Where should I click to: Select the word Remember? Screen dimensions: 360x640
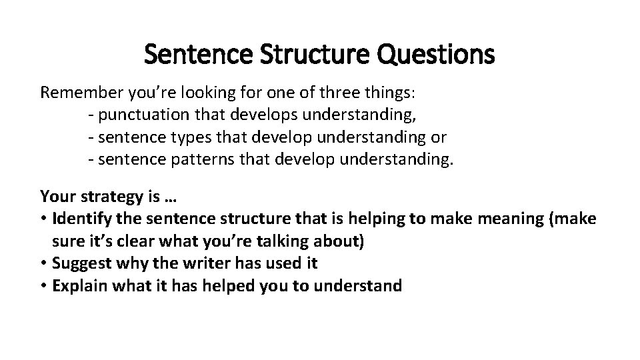pyautogui.click(x=75, y=92)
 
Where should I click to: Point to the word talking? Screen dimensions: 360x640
pyautogui.click(x=284, y=241)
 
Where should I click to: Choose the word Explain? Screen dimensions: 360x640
pyautogui.click(x=77, y=286)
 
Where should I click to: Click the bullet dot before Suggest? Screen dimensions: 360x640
pyautogui.click(x=44, y=264)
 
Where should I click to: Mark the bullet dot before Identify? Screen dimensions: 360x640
pyautogui.click(x=44, y=219)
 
